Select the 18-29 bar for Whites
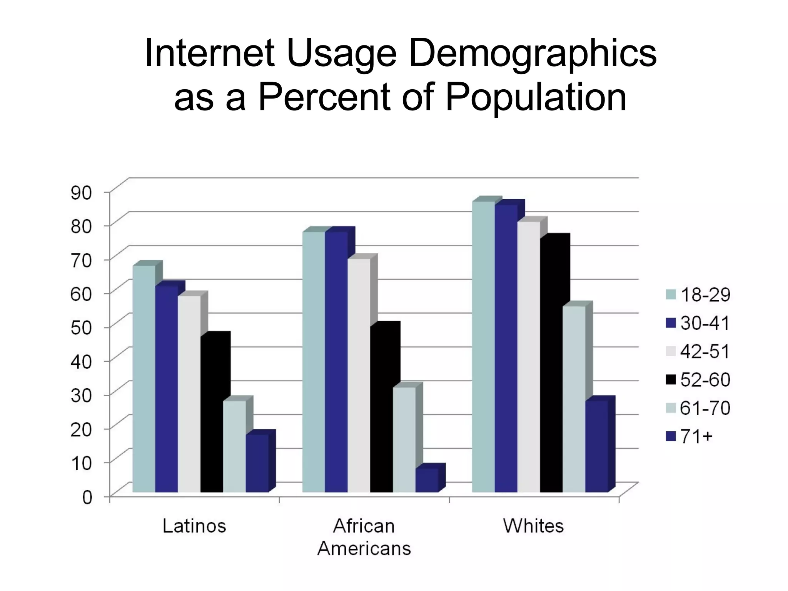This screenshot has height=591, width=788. tap(483, 346)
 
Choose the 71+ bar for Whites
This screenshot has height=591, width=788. tap(597, 446)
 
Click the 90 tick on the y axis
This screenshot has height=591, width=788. tap(81, 192)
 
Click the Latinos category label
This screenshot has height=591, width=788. tap(194, 526)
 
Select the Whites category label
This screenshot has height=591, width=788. tap(534, 526)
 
